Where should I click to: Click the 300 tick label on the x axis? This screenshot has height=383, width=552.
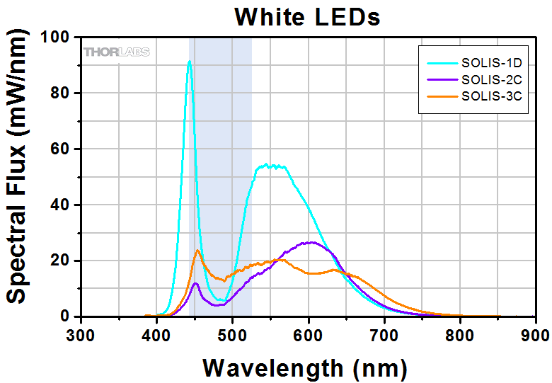[x=81, y=335]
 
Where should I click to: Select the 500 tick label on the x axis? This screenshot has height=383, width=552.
[x=233, y=335]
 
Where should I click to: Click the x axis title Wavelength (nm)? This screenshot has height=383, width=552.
[x=304, y=367]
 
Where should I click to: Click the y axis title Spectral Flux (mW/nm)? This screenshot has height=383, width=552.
[x=21, y=177]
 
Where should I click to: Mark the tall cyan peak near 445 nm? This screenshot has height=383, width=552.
[x=189, y=62]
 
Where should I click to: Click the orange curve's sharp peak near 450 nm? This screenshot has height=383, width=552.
[x=197, y=250]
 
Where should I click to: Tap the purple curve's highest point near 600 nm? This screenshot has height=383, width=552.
[x=310, y=242]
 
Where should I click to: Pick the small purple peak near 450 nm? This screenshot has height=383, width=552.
[x=195, y=283]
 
